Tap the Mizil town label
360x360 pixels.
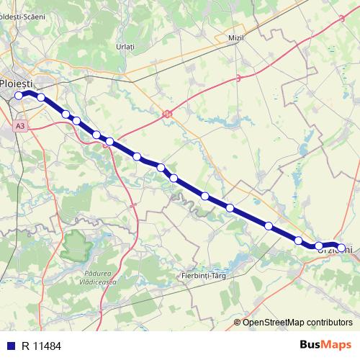pyautogui.click(x=235, y=37)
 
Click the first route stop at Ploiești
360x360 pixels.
pyautogui.click(x=19, y=94)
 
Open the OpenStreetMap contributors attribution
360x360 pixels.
pyautogui.click(x=297, y=322)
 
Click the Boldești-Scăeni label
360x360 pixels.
pyautogui.click(x=29, y=16)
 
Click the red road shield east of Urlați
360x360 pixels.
pyautogui.click(x=168, y=112)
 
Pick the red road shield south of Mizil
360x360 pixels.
pyautogui.click(x=238, y=79)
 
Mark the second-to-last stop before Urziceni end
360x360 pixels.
pyautogui.click(x=319, y=246)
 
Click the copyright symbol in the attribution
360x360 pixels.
pyautogui.click(x=237, y=322)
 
